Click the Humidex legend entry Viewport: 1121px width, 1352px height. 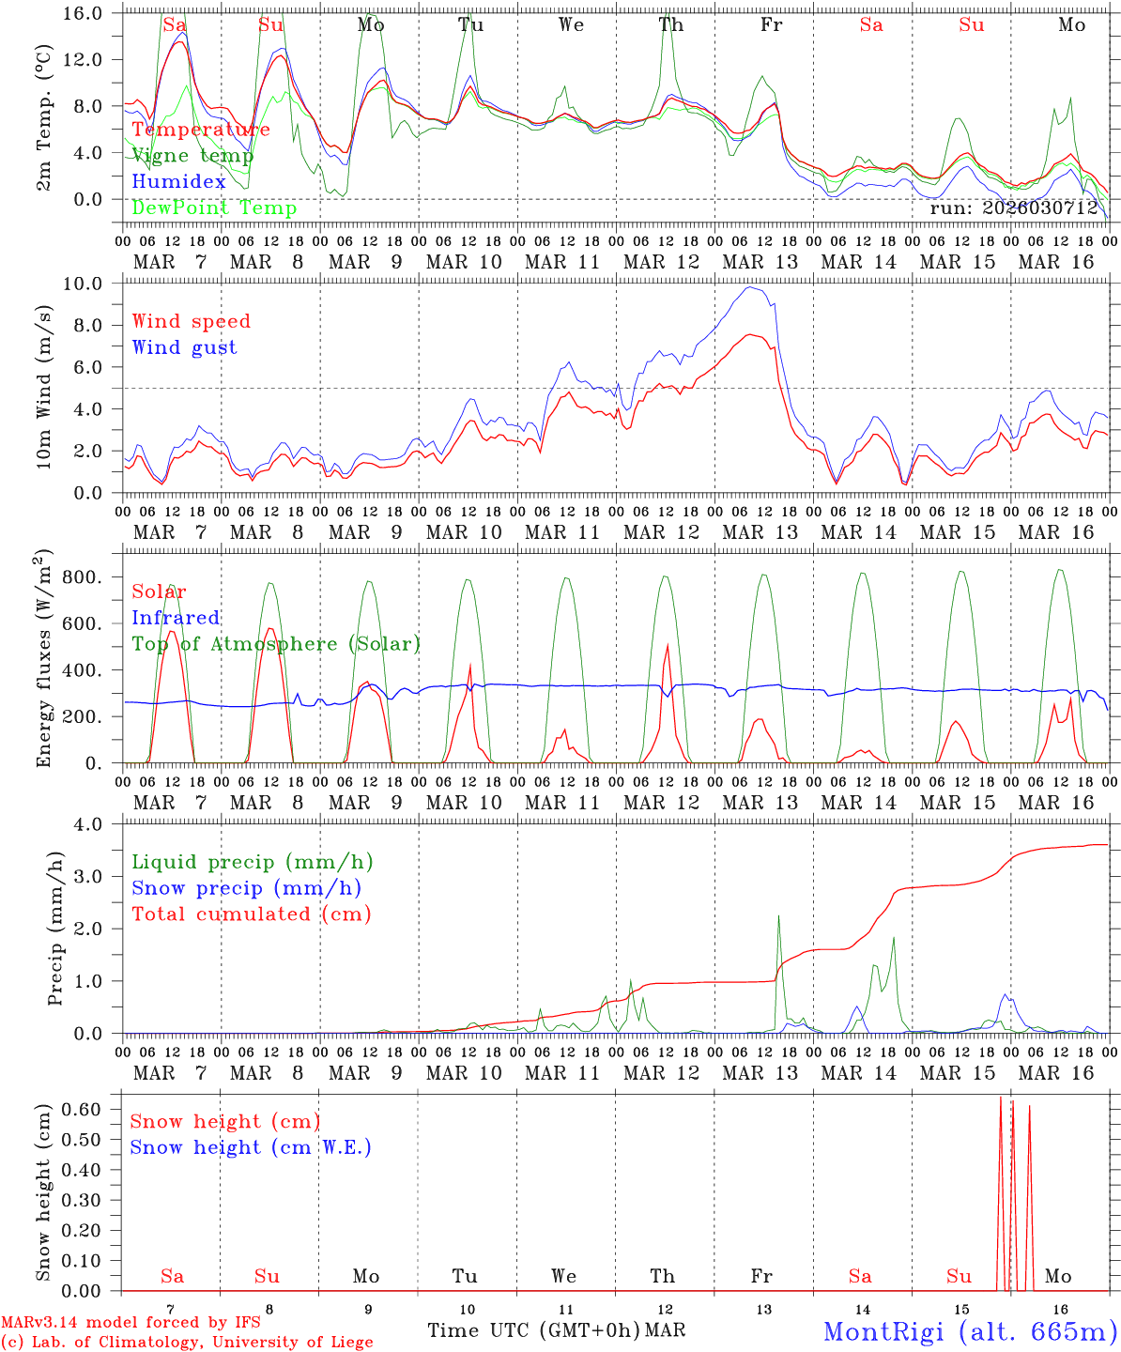(x=178, y=182)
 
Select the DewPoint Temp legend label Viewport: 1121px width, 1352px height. (x=214, y=208)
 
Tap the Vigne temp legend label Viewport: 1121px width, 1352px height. (x=192, y=156)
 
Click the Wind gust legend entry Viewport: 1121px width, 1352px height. (x=184, y=347)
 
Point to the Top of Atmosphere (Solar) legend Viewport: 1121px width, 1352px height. (x=276, y=644)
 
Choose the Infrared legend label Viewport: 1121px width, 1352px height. (x=176, y=618)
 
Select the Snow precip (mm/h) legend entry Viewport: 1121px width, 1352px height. (x=246, y=888)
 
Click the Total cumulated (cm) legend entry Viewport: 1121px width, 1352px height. (x=251, y=914)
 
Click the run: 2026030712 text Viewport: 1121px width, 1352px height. (x=1014, y=208)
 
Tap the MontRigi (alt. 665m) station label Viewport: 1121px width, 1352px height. (x=970, y=1331)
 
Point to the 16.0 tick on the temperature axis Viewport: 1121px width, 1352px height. (x=93, y=14)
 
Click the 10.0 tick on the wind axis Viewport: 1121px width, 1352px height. (x=93, y=284)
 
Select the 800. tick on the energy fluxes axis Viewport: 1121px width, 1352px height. (x=93, y=577)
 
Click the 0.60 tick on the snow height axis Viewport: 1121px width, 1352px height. (x=94, y=1109)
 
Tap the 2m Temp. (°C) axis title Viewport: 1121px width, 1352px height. (x=44, y=117)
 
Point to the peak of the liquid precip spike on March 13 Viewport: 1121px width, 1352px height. (x=778, y=916)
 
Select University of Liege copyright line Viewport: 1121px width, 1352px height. (x=187, y=1343)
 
